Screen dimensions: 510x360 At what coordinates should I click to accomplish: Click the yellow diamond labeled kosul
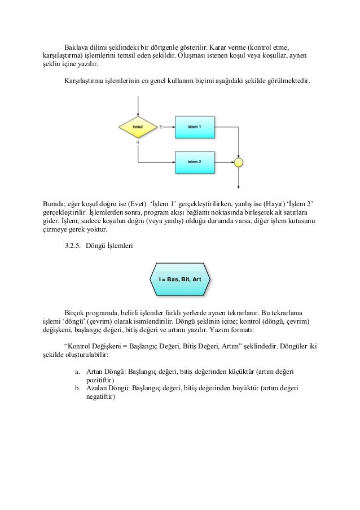pos(137,127)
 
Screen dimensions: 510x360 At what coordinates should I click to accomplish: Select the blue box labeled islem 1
pos(195,127)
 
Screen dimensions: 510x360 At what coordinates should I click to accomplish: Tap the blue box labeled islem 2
pos(195,162)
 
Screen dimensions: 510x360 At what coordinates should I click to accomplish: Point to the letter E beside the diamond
pos(161,127)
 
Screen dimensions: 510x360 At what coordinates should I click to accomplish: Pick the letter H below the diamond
pos(138,142)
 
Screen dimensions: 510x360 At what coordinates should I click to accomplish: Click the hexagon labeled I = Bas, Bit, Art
pos(180,280)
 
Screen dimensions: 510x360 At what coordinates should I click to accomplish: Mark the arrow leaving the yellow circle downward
pos(239,178)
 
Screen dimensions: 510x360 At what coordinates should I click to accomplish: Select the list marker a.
pos(77,372)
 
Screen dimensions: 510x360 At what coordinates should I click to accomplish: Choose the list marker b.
pos(77,389)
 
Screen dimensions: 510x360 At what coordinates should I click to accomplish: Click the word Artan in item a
pos(95,372)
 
